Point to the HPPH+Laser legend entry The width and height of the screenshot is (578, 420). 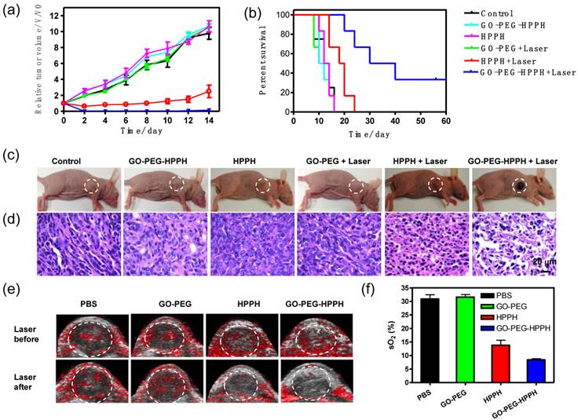coord(518,60)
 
